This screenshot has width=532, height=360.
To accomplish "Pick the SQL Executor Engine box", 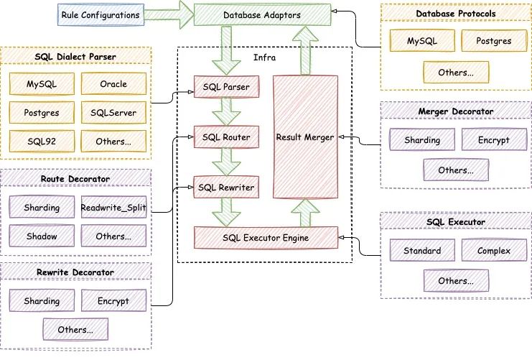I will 266,237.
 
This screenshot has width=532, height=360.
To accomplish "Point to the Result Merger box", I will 306,136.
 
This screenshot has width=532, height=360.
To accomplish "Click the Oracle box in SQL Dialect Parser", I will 113,84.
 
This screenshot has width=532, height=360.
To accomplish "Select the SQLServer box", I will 113,113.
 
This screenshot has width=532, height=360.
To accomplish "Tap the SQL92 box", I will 42,142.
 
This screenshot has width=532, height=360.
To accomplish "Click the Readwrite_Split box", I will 113,207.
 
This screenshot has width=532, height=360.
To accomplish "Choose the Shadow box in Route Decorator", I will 42,236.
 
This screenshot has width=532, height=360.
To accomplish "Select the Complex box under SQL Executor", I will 494,251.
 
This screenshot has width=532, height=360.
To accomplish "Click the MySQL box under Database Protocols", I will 421,41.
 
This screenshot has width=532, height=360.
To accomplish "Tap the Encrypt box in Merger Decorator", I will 494,141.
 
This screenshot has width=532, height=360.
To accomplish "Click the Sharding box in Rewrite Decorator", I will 42,300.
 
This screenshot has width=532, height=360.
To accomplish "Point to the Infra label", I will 264,57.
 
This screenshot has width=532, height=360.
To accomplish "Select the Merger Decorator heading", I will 456,112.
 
